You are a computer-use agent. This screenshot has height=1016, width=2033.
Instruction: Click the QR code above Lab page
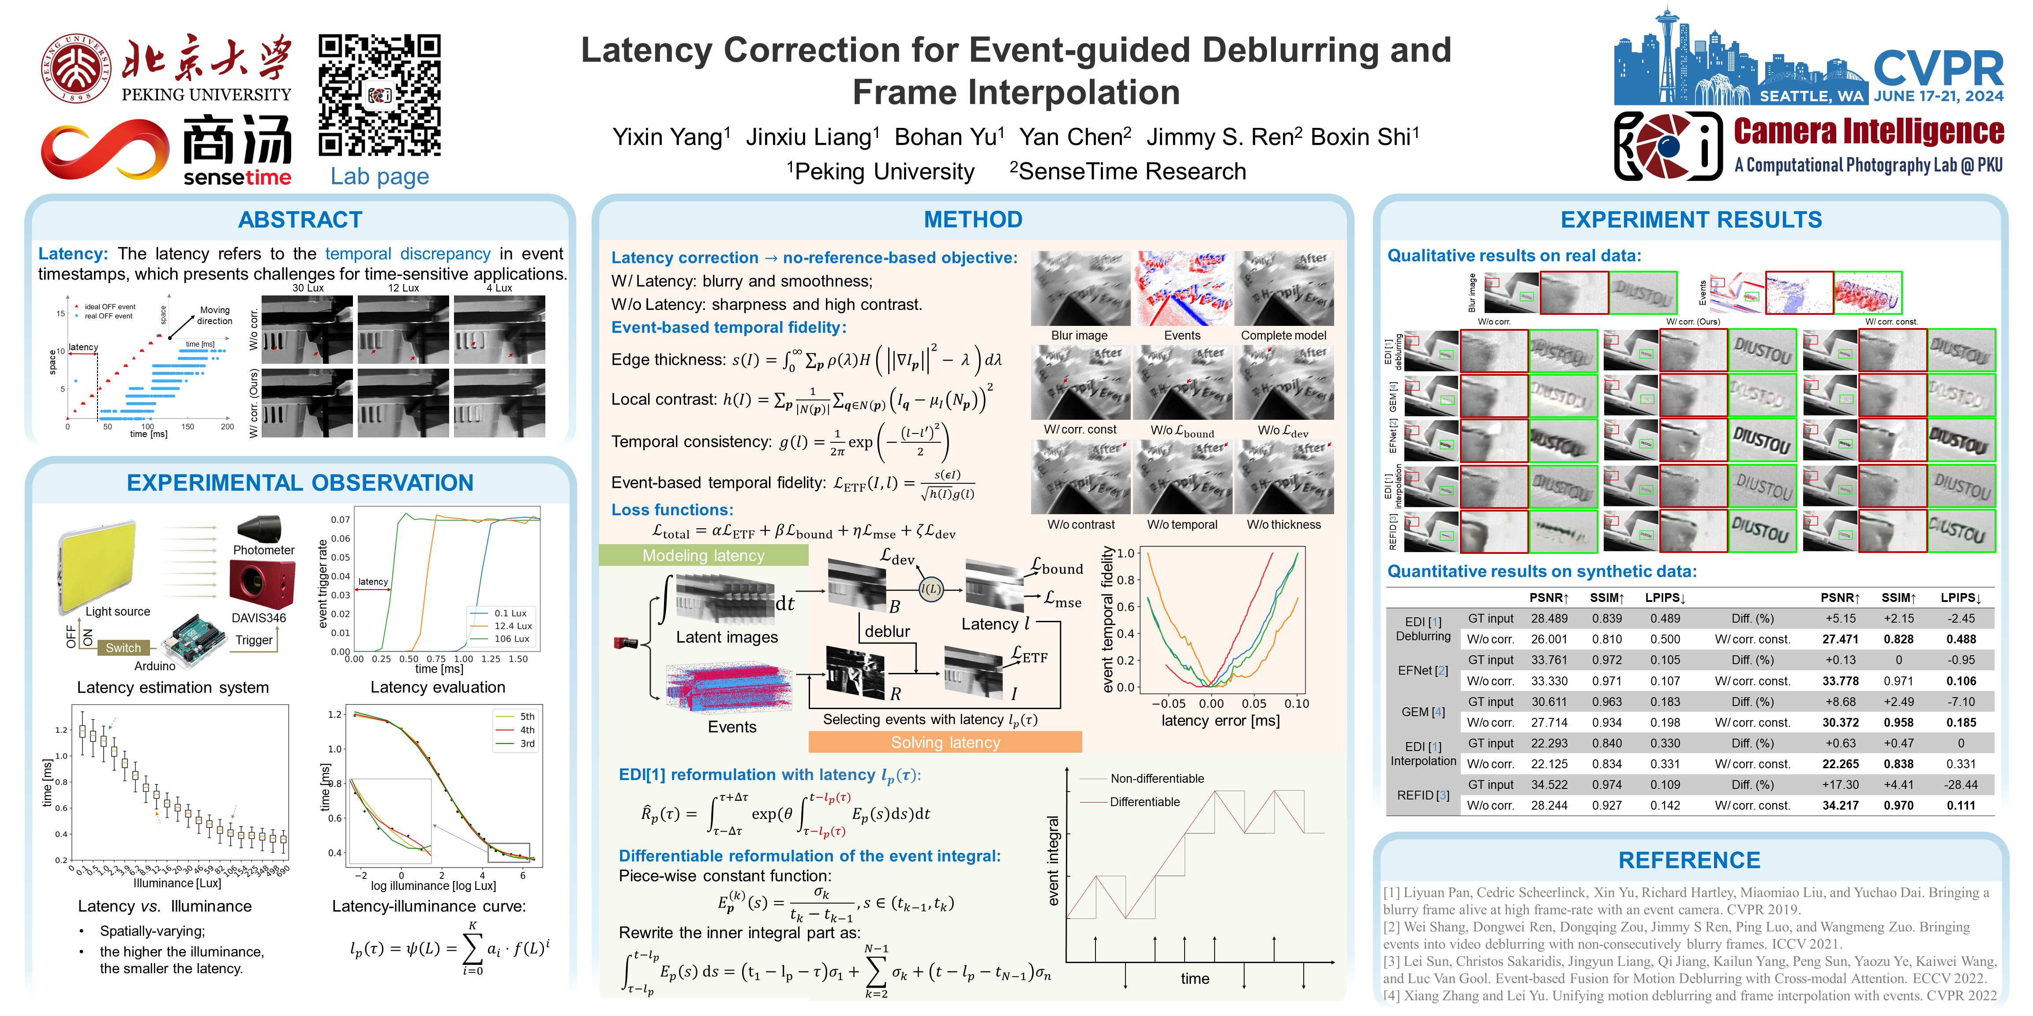[x=379, y=95]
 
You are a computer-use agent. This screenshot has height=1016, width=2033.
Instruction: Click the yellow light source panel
[x=96, y=566]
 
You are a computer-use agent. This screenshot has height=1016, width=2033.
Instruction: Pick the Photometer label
[x=263, y=550]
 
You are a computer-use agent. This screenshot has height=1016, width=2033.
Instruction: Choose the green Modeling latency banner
[x=703, y=555]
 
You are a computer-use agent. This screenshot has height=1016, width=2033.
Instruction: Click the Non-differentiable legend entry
[x=1156, y=779]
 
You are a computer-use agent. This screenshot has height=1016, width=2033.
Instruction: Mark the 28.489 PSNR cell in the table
[x=1549, y=618]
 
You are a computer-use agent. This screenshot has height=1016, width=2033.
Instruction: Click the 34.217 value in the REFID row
[x=1840, y=805]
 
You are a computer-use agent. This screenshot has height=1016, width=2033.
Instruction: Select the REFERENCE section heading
[x=1689, y=860]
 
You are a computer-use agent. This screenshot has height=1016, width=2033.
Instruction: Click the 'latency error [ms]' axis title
[x=1220, y=720]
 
